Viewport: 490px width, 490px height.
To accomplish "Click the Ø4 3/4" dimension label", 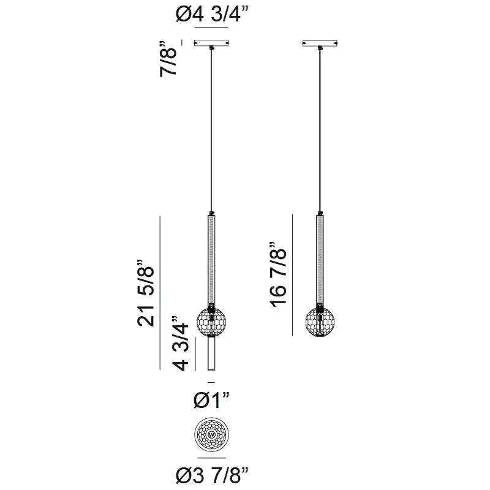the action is (x=212, y=15).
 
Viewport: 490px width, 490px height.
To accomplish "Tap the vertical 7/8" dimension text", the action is (x=168, y=58).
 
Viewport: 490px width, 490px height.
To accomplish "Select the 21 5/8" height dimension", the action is (x=146, y=293).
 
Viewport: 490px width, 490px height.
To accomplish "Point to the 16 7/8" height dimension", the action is (x=278, y=274).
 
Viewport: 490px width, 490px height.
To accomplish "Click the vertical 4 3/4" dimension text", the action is (x=180, y=343).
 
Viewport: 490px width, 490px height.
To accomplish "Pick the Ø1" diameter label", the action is (x=211, y=401).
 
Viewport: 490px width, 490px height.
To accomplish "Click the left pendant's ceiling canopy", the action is (x=211, y=43).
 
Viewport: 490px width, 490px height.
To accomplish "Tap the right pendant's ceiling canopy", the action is (x=320, y=43).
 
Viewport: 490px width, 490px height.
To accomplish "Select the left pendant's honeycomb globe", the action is (x=211, y=322).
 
